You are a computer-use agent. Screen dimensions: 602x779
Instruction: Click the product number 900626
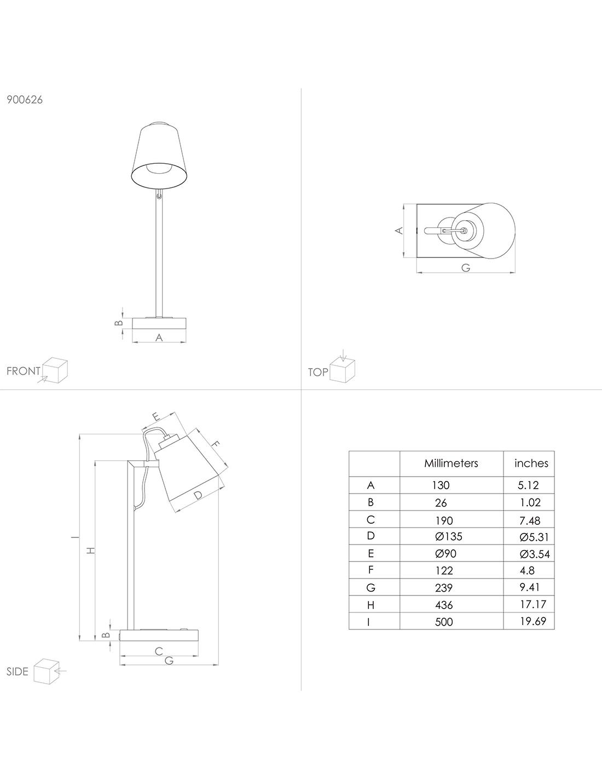tap(25, 100)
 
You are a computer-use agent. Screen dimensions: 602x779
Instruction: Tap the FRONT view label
tap(24, 371)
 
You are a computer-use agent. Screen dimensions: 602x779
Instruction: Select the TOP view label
tap(318, 373)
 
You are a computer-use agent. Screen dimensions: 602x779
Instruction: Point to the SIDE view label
tap(17, 672)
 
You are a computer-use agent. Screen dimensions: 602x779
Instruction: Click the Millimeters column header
tap(451, 463)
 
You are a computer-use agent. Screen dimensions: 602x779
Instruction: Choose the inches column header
tap(531, 463)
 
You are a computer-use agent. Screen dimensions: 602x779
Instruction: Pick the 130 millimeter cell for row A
tap(441, 485)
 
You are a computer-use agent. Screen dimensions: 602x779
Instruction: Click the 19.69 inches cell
tap(533, 621)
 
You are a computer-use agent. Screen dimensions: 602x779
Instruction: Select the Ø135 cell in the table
tap(449, 537)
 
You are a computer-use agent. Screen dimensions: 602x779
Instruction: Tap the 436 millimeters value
tap(444, 605)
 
